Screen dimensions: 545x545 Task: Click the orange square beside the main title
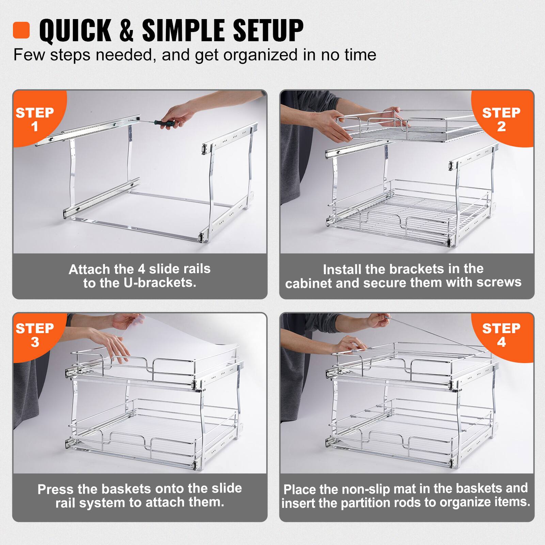[x=21, y=30]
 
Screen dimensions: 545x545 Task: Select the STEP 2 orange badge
[x=501, y=119]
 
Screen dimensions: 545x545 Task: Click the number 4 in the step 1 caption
[x=141, y=269]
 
